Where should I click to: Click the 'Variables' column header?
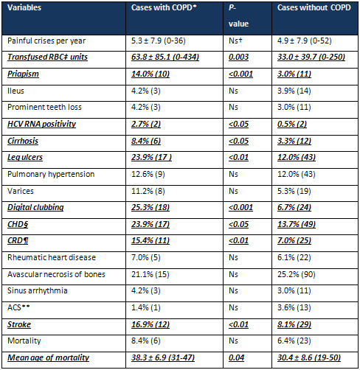click(24, 7)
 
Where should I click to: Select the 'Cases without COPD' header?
click(314, 7)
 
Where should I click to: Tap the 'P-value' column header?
click(238, 15)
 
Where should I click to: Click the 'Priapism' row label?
click(23, 74)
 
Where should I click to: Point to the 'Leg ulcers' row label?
click(25, 157)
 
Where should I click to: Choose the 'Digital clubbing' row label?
click(35, 207)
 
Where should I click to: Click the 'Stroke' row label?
click(19, 324)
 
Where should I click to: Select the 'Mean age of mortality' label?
click(48, 357)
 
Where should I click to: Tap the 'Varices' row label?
click(21, 191)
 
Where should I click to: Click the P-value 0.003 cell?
click(238, 57)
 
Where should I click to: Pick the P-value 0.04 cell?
click(236, 357)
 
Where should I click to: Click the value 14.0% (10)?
click(150, 74)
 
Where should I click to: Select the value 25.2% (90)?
click(297, 274)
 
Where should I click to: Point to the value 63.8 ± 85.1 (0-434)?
click(165, 57)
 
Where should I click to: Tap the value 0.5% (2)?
click(292, 124)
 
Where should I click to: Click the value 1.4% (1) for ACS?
click(145, 307)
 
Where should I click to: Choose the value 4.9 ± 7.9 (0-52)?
click(305, 41)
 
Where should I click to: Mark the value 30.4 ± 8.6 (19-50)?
click(309, 357)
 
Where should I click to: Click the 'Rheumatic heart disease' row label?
click(52, 257)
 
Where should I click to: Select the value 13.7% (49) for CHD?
click(297, 224)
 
